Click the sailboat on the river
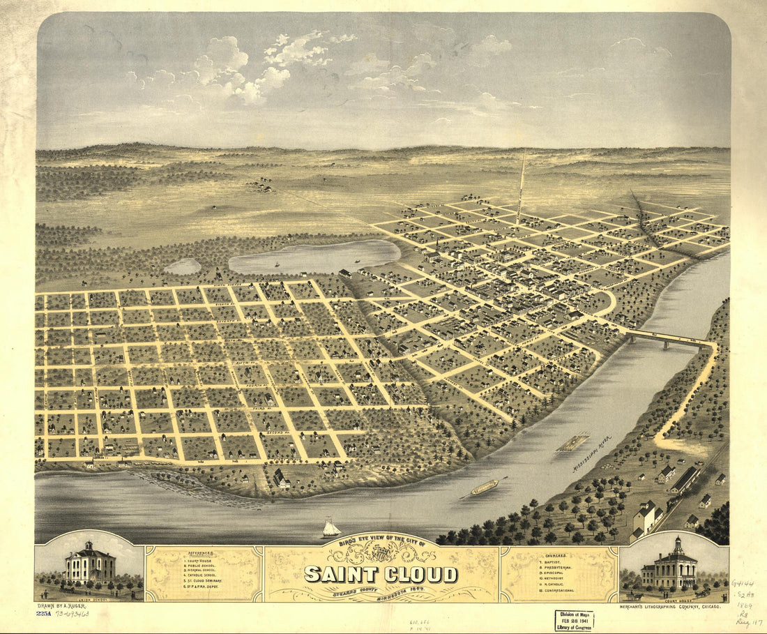click(331, 528)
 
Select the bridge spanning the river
click(666, 340)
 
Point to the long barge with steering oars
click(484, 487)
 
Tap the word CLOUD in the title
click(418, 574)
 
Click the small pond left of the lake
click(183, 266)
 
